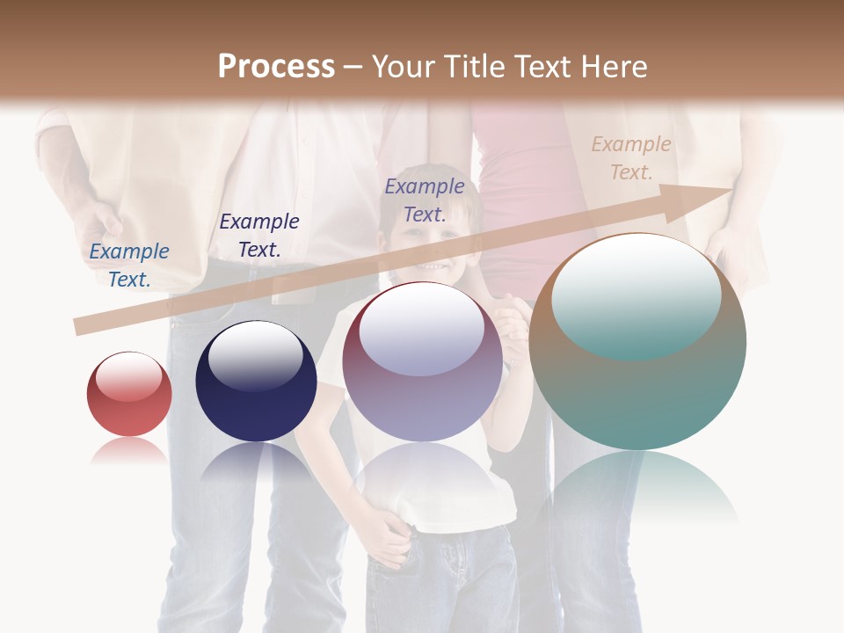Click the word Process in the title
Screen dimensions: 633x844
(x=276, y=67)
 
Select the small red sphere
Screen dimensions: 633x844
(x=129, y=395)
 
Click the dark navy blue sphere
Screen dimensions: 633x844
(x=256, y=382)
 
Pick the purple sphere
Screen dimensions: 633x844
(x=422, y=362)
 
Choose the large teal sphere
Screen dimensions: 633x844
(x=638, y=342)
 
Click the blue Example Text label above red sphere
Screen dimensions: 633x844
(x=129, y=265)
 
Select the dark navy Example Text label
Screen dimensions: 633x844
(x=259, y=236)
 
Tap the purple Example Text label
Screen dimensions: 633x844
(x=425, y=200)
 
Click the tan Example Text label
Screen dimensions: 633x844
(x=631, y=158)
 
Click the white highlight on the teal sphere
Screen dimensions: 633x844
(x=636, y=295)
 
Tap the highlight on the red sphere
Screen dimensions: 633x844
(x=129, y=376)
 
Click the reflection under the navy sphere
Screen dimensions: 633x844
(x=256, y=466)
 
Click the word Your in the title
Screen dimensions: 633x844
(x=401, y=67)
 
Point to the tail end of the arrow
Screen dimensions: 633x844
(x=81, y=326)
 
